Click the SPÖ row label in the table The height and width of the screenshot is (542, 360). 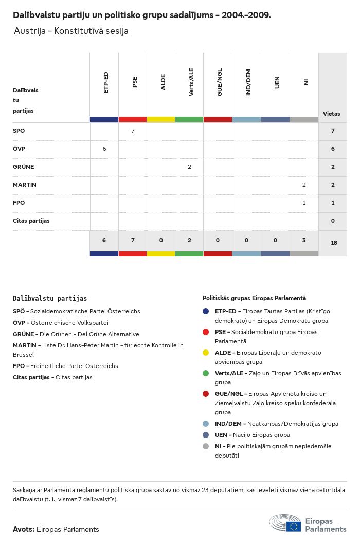point(19,131)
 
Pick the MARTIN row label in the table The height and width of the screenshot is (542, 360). point(25,185)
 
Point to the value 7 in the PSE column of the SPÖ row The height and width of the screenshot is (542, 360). point(133,131)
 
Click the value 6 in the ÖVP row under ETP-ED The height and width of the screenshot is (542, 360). point(104,149)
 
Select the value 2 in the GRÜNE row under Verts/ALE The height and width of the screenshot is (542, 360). point(189,167)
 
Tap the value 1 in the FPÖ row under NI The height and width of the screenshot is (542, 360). point(304,203)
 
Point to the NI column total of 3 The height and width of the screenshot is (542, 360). point(304,240)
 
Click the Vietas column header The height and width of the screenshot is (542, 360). point(331,114)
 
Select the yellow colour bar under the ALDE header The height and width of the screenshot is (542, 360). point(161,119)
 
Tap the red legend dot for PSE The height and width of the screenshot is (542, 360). point(206,332)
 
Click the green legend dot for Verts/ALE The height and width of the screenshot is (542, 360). point(206,373)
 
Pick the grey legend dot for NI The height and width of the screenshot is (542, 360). point(206,446)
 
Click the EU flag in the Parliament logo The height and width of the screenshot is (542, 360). point(294,526)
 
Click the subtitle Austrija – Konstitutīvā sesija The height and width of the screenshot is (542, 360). point(71,31)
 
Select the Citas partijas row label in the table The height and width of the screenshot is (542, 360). point(31,221)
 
